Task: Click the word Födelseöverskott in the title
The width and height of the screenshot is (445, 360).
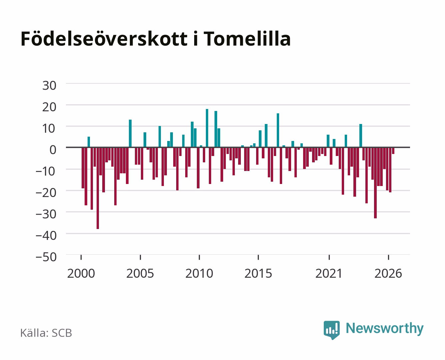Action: pyautogui.click(x=104, y=39)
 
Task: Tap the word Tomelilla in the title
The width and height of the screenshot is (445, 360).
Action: pyautogui.click(x=247, y=39)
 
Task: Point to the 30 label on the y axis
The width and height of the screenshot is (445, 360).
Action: pyautogui.click(x=49, y=86)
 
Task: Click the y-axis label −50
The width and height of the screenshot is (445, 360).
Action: pyautogui.click(x=46, y=257)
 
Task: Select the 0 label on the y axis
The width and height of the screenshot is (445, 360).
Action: pyautogui.click(x=53, y=150)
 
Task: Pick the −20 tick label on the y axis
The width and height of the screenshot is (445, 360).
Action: pyautogui.click(x=46, y=193)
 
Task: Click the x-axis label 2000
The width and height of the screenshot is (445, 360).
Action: pyautogui.click(x=81, y=273)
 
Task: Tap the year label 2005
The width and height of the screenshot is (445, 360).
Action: pyautogui.click(x=140, y=273)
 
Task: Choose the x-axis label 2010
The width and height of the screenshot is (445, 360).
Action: pyautogui.click(x=199, y=273)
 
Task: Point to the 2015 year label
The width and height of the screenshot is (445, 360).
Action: pyautogui.click(x=258, y=273)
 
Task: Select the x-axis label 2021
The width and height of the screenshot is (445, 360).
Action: pyautogui.click(x=329, y=273)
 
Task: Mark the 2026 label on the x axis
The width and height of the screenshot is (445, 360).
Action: pyautogui.click(x=388, y=273)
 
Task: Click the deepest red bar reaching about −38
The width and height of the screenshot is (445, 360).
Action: pyautogui.click(x=98, y=188)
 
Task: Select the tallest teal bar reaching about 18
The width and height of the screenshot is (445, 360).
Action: pyautogui.click(x=207, y=128)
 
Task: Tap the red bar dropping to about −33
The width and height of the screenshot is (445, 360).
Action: pyautogui.click(x=375, y=183)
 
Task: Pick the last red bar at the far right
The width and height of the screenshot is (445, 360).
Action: pyautogui.click(x=393, y=151)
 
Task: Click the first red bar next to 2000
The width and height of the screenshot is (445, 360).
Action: pyautogui.click(x=83, y=168)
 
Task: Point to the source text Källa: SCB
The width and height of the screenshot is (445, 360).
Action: pyautogui.click(x=46, y=333)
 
